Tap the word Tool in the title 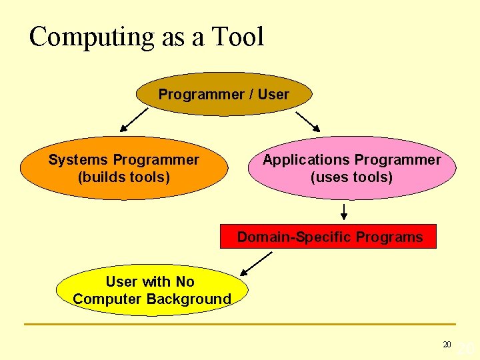238,37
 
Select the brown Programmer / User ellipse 223,95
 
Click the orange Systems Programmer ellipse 123,169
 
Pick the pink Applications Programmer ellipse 351,169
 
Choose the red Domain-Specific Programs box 329,237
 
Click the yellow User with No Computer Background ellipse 151,291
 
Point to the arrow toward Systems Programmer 135,121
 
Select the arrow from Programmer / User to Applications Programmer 308,120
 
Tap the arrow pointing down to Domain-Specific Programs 344,212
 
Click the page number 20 447,345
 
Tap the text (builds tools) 124,177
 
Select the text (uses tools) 351,177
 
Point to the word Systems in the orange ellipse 79,160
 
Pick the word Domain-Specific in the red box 294,237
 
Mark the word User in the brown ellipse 273,95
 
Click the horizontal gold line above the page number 240,325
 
